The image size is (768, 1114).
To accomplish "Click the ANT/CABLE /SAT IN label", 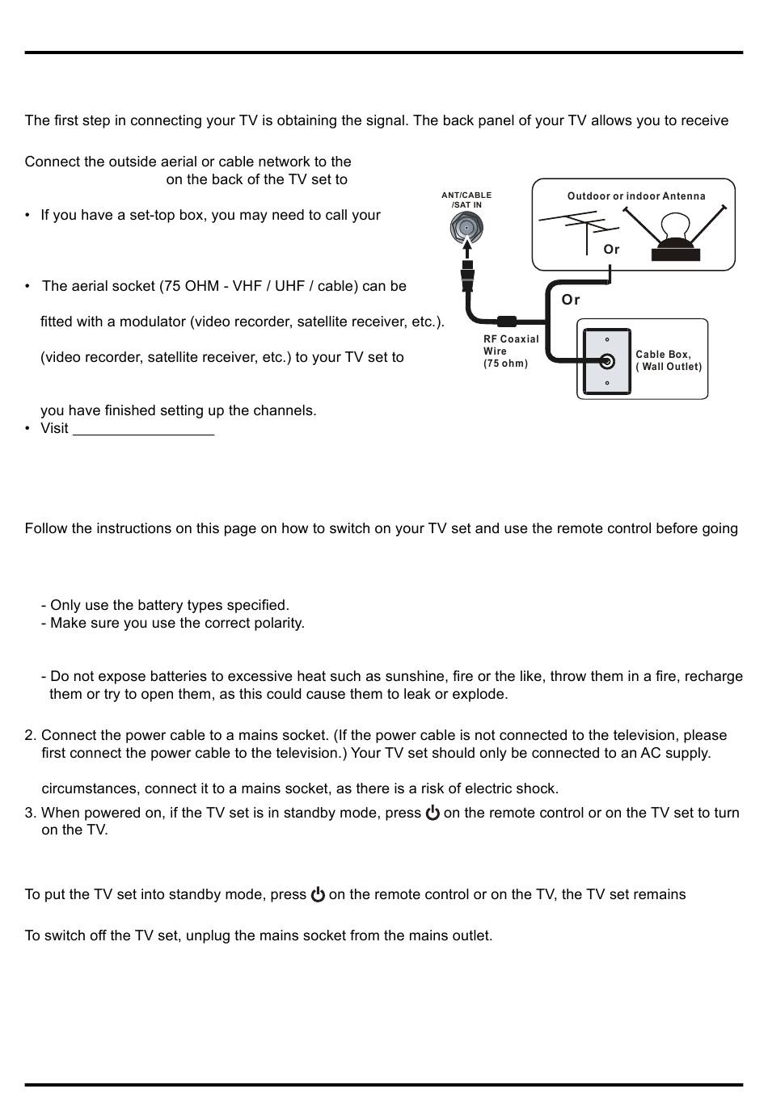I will point(466,200).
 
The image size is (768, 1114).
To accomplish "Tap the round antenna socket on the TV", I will point(466,229).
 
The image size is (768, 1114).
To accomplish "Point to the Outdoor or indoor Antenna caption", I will point(636,196).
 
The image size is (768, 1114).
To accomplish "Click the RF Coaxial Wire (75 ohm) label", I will point(511,351).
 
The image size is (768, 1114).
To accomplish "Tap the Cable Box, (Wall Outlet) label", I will point(669,360).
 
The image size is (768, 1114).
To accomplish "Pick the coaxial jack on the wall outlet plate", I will point(607,361).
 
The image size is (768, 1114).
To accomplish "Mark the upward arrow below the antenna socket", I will point(466,250).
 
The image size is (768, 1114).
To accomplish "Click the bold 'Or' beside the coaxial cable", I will point(571,300).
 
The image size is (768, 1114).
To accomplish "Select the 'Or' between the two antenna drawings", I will point(612,250).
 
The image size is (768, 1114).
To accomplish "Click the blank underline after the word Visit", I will point(143,429).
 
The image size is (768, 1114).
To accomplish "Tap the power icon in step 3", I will point(433,813).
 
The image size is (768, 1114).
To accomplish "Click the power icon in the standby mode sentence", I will point(318,894).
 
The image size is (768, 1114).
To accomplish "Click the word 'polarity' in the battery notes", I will point(277,623).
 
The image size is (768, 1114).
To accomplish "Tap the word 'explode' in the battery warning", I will point(482,694).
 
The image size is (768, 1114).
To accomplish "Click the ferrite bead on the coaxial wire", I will point(507,320).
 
